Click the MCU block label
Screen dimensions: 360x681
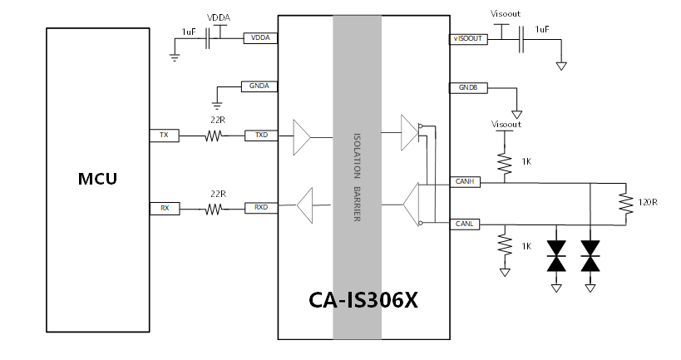pyautogui.click(x=97, y=179)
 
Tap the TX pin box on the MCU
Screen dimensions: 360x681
pyautogui.click(x=164, y=135)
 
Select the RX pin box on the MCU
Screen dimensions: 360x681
pyautogui.click(x=164, y=208)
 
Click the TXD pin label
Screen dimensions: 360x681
pyautogui.click(x=260, y=135)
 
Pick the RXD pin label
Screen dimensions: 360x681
pyautogui.click(x=260, y=208)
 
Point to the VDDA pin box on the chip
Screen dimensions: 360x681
pyautogui.click(x=260, y=37)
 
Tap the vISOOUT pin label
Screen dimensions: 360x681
pyautogui.click(x=467, y=38)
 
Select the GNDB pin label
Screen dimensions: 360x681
pyautogui.click(x=467, y=87)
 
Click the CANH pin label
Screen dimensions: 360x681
pyautogui.click(x=465, y=180)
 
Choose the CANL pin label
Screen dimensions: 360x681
pyautogui.click(x=465, y=224)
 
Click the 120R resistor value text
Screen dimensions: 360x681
pyautogui.click(x=648, y=202)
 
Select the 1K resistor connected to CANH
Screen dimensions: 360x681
pyautogui.click(x=504, y=160)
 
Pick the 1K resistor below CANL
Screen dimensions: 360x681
pyautogui.click(x=504, y=244)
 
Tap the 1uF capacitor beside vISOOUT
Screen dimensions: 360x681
pyautogui.click(x=523, y=38)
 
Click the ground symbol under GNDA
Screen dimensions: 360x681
pyautogui.click(x=217, y=105)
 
